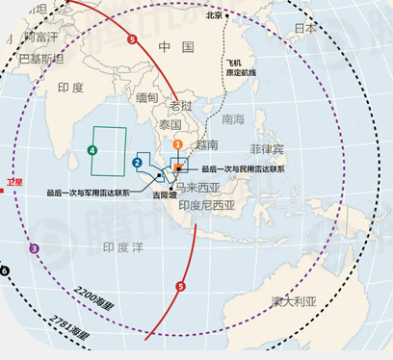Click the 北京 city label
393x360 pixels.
tap(215, 15)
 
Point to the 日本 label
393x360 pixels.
tap(305, 29)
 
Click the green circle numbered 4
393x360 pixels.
tap(92, 150)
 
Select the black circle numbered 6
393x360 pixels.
tap(5, 271)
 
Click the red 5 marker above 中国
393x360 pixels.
tap(132, 39)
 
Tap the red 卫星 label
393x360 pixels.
tap(13, 181)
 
